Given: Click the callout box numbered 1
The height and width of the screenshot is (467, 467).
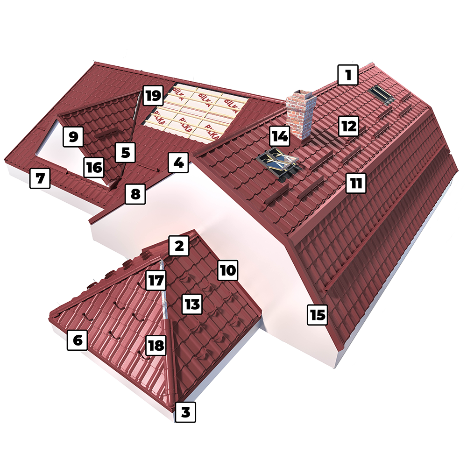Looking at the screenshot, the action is click(348, 75).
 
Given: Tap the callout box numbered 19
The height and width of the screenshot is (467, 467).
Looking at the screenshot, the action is click(153, 96).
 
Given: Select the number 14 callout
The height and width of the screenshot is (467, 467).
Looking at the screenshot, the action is click(280, 136).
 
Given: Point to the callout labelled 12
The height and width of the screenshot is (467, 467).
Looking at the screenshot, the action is click(349, 126).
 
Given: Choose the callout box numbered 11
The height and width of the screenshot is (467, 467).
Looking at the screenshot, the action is click(356, 183).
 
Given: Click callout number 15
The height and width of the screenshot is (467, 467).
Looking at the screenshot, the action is click(318, 314).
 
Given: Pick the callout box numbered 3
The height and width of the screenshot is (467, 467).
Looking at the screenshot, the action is click(185, 412).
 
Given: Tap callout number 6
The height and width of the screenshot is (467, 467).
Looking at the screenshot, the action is click(78, 340).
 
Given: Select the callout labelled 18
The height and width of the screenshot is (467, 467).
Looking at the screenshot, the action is click(156, 346).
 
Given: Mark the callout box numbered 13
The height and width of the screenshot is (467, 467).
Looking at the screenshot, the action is click(192, 304).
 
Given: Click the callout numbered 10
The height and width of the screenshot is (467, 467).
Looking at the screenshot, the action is click(228, 270).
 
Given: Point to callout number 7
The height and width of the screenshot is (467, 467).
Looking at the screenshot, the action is click(40, 178).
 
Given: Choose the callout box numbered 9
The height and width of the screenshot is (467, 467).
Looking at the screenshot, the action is click(73, 136).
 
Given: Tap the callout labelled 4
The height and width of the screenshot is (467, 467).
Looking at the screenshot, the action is click(178, 163).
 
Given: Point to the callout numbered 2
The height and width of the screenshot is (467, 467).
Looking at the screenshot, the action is click(179, 246).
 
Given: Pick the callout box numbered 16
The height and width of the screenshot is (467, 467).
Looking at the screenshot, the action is click(94, 167).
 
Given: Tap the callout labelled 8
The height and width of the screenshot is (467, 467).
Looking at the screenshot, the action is click(135, 194).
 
